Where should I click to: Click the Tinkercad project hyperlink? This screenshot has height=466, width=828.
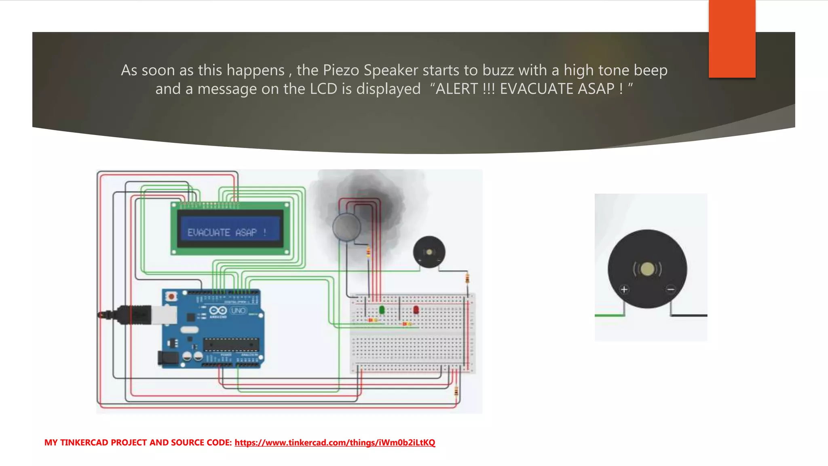[x=335, y=443]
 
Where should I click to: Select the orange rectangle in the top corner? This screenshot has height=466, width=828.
[x=732, y=39]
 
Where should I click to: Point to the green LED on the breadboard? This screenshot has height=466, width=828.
[x=382, y=310]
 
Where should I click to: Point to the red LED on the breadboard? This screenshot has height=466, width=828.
[x=416, y=310]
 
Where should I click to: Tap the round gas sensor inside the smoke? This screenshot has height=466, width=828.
[x=346, y=227]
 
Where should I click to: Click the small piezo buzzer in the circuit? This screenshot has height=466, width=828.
[x=429, y=252]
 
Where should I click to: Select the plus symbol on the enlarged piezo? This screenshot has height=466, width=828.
[x=624, y=289]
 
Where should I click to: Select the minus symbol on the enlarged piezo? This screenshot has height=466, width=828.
[x=671, y=289]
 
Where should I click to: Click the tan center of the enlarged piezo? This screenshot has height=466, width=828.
[x=647, y=269]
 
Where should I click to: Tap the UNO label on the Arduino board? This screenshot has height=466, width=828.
[x=238, y=311]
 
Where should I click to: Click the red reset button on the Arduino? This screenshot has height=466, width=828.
[x=171, y=297]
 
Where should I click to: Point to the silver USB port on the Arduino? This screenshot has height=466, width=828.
[x=164, y=315]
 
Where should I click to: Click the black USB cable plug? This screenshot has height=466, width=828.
[x=134, y=315]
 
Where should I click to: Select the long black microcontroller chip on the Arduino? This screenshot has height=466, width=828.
[x=231, y=345]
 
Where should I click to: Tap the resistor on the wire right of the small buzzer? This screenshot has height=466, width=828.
[x=467, y=278]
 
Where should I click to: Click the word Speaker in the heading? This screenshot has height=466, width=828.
[x=391, y=70]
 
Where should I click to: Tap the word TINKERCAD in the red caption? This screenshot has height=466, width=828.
[x=84, y=443]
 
